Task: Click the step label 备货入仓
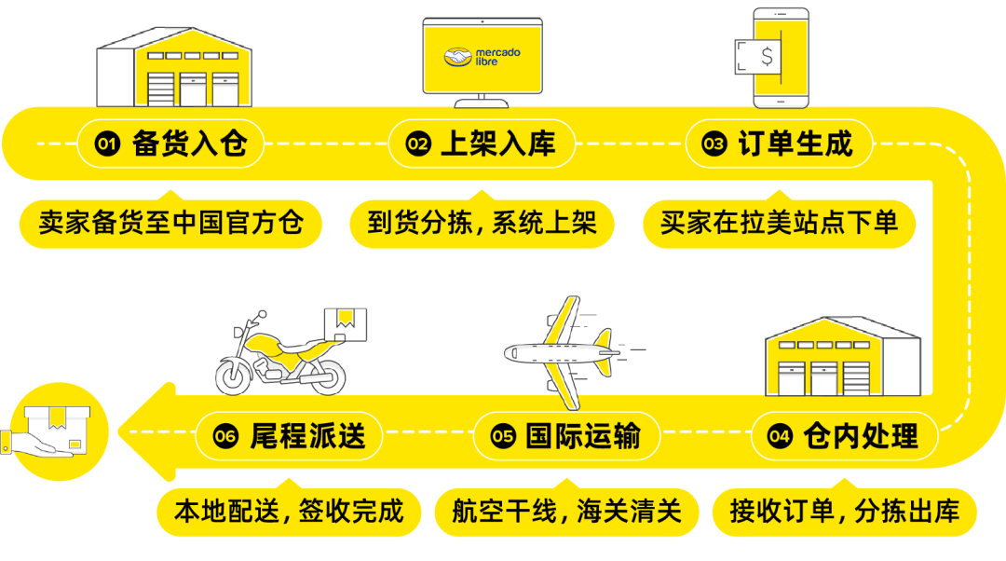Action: [190, 144]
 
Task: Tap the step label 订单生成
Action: [795, 144]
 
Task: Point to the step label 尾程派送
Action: [306, 435]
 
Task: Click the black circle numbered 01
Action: [108, 144]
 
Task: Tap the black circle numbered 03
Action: [714, 144]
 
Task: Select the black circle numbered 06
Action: [225, 436]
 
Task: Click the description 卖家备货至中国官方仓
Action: [171, 224]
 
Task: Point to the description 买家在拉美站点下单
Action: [779, 224]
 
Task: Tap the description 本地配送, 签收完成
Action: [289, 511]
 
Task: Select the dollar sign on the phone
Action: [767, 57]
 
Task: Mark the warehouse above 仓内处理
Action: [842, 359]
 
